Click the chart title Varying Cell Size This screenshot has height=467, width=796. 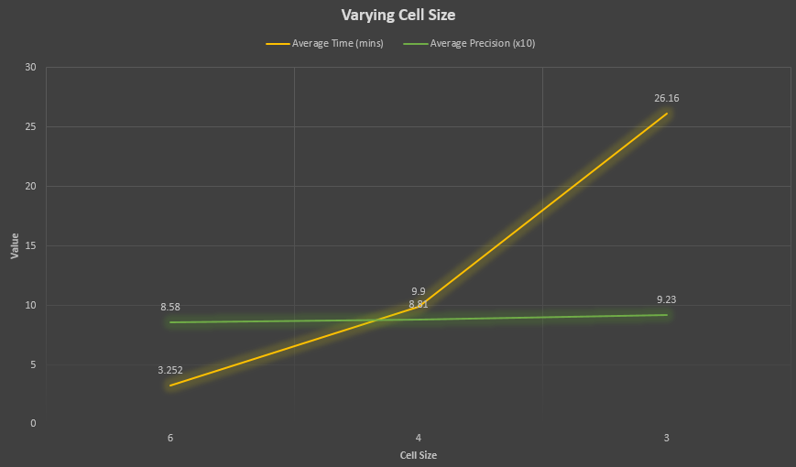398,15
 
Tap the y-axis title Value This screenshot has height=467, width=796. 15,245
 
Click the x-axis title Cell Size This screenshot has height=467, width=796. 418,454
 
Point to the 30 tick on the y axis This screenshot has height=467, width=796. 31,68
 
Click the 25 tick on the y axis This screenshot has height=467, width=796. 31,127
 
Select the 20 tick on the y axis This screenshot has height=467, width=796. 31,187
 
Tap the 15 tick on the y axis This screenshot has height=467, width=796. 31,246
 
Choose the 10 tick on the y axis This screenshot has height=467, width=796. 31,305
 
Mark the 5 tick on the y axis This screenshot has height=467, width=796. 33,364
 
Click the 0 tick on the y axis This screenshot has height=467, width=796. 33,424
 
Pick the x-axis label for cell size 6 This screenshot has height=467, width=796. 170,438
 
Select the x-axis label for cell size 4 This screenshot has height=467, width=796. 419,438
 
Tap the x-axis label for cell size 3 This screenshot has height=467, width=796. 666,438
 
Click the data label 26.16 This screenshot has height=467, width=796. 666,98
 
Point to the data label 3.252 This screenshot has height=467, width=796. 170,371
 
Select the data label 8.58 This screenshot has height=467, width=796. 170,308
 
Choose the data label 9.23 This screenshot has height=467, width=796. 666,299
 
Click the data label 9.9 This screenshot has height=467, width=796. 419,291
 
